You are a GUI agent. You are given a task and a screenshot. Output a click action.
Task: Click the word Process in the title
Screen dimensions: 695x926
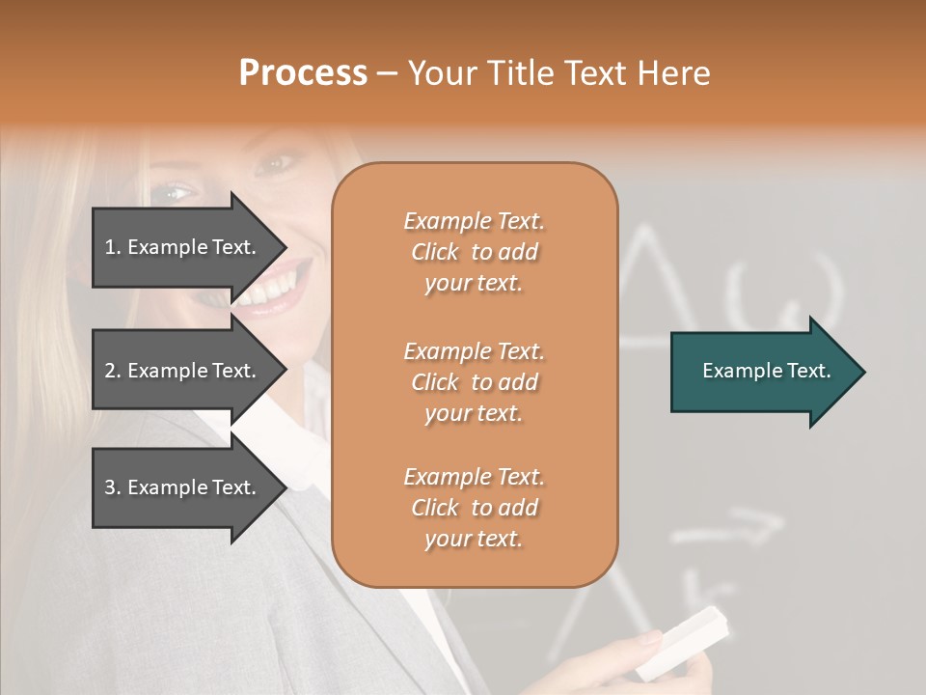[x=303, y=73]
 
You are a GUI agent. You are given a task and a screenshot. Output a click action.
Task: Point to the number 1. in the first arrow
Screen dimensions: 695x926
[x=113, y=247]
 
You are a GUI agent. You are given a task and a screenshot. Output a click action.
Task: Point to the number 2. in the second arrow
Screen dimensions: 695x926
[x=113, y=371]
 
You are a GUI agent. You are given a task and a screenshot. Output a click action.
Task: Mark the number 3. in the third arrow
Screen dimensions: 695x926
[x=113, y=487]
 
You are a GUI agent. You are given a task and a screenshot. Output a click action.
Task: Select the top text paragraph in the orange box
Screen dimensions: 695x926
[x=474, y=252]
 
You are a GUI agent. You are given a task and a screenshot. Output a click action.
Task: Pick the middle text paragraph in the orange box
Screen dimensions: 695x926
[x=474, y=382]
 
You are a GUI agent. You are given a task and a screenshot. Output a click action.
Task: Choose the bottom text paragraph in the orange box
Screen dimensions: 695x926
[x=474, y=508]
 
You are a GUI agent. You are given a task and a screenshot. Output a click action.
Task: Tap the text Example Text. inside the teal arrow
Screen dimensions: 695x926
[x=767, y=371]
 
